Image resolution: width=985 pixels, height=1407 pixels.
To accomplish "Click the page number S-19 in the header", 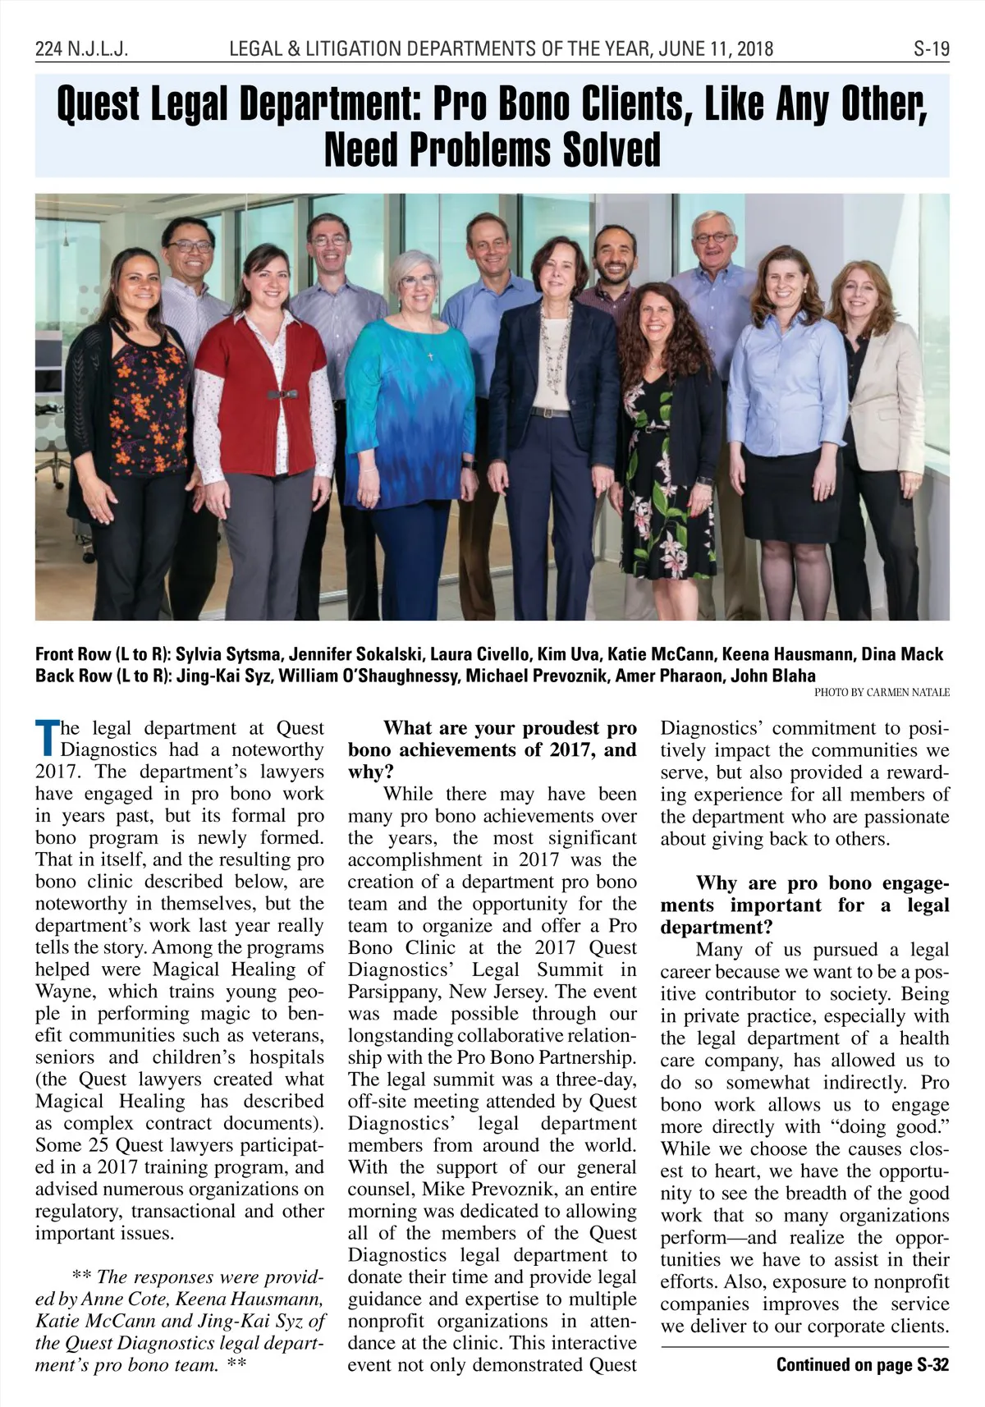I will coord(931,48).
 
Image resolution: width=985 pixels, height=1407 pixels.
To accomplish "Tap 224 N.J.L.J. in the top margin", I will coord(81,48).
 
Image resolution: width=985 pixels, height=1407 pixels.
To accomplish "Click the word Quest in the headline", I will coord(98,105).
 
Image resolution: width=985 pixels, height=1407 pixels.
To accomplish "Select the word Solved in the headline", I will coord(612,149).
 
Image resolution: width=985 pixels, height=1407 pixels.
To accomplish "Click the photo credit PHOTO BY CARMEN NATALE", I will coord(882,692).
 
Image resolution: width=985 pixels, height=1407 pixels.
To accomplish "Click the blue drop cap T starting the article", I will coord(47,737).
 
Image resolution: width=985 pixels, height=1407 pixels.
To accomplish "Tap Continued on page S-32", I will coord(862,1364).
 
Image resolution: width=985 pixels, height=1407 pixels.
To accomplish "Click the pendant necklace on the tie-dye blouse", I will coord(430,355).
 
